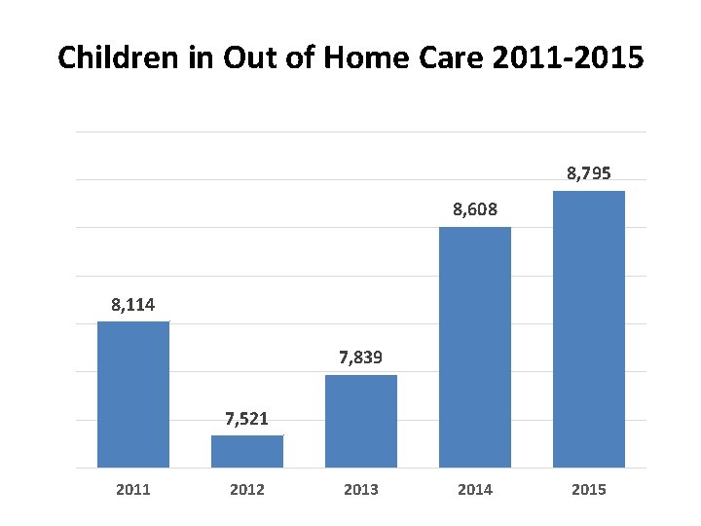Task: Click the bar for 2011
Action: (133, 394)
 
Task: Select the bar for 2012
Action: (247, 451)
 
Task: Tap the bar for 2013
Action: (361, 421)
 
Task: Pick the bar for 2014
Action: (475, 347)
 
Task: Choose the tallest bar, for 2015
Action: (589, 329)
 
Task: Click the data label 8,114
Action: (133, 307)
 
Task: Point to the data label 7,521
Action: (247, 420)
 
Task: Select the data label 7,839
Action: (361, 359)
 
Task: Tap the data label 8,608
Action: (475, 209)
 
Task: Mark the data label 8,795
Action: (589, 174)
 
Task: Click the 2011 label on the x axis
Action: (133, 490)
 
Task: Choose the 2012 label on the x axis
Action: (247, 490)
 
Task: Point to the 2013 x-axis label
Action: (361, 490)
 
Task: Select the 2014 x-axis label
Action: (475, 490)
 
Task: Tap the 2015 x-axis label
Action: (589, 490)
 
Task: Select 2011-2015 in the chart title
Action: (571, 58)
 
